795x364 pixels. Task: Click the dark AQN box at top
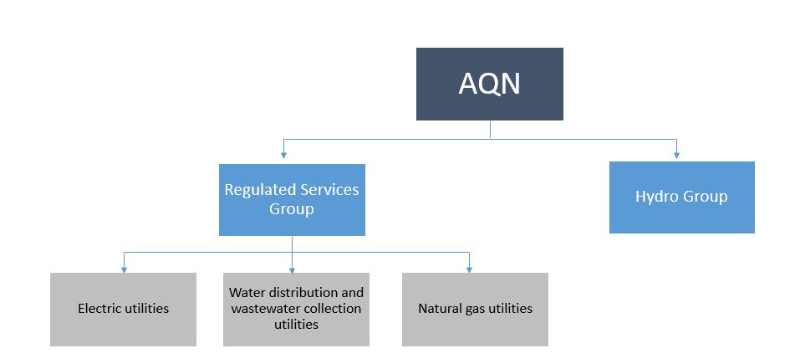tap(489, 84)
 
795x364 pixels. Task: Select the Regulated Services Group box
tap(292, 199)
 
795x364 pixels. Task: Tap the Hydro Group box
tap(681, 197)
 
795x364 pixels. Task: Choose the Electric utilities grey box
tap(123, 309)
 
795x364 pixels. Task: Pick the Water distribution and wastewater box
tap(296, 309)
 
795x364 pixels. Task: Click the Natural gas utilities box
tap(475, 309)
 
